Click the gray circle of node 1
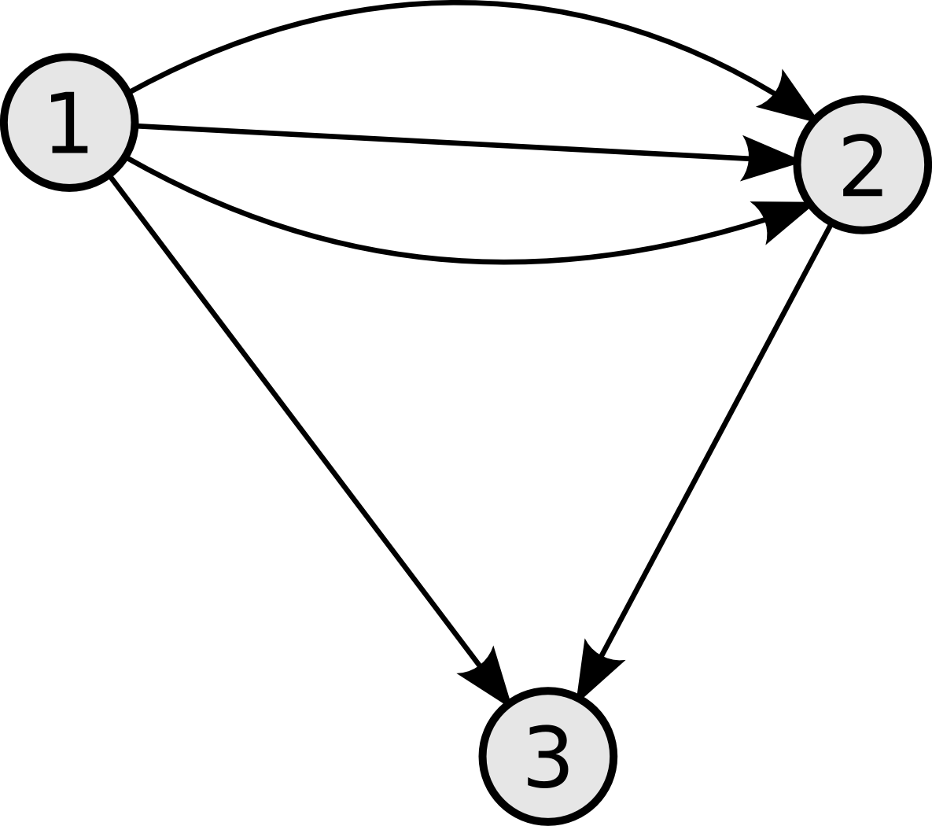pos(69,123)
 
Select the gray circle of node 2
pos(862,164)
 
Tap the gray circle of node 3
pos(547,757)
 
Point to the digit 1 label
pos(69,123)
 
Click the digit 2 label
pos(862,165)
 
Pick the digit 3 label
pos(547,757)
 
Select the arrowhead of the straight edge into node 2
pos(767,158)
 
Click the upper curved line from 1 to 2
pos(455,4)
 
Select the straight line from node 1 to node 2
pos(443,142)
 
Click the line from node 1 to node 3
pos(295,421)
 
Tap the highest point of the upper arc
pos(455,4)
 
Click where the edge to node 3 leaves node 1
pos(111,177)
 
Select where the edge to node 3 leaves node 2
pos(831,226)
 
